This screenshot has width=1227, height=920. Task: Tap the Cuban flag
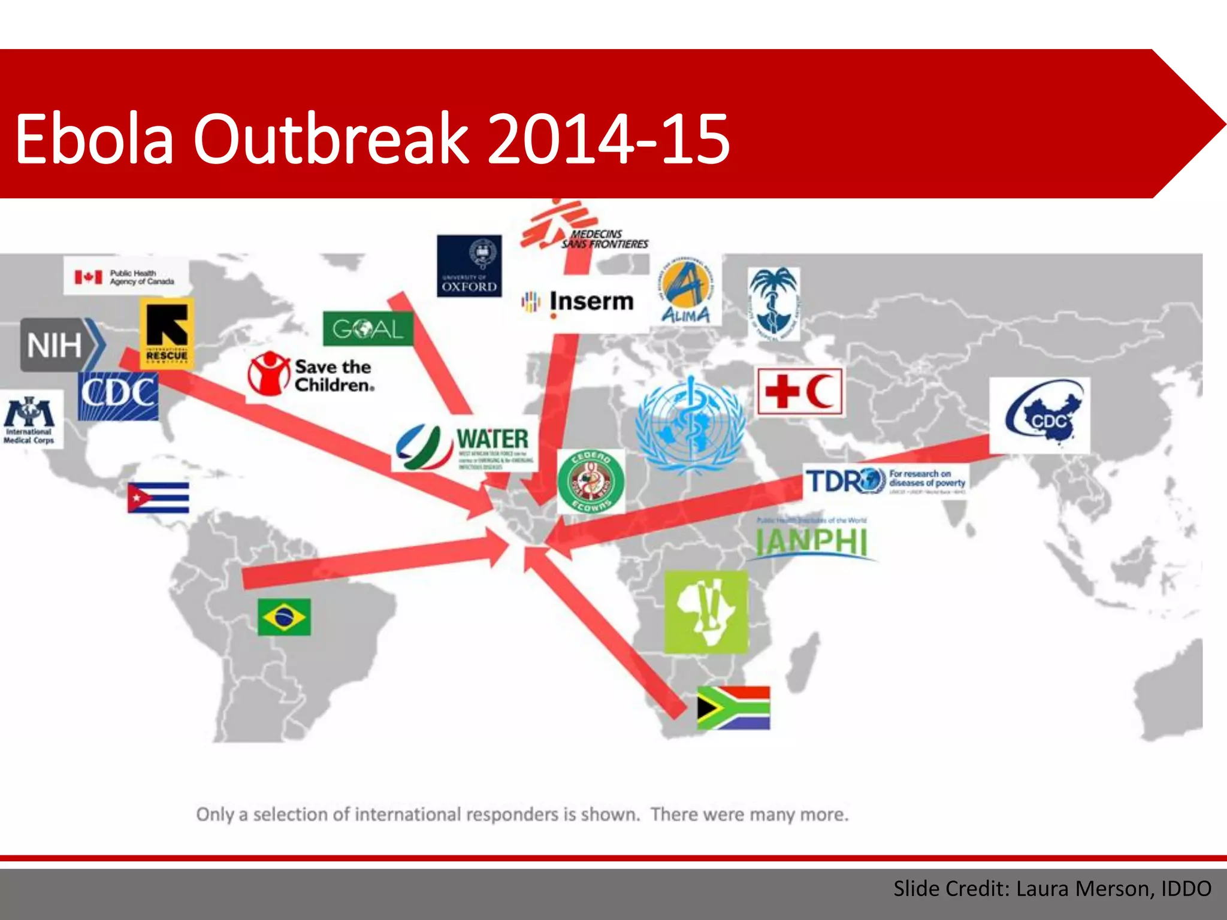(158, 498)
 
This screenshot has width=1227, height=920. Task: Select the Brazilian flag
(284, 616)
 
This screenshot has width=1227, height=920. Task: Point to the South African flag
(733, 708)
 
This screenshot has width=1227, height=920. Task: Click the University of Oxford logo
(469, 266)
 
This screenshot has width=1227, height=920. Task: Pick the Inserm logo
(579, 301)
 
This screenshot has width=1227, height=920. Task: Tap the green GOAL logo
(368, 328)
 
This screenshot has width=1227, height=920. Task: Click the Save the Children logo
(312, 374)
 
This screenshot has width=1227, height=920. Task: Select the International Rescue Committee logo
(167, 332)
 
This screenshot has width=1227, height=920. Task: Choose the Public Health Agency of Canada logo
(126, 277)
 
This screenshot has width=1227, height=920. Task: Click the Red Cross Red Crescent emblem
(800, 392)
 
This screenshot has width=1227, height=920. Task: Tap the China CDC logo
(1039, 416)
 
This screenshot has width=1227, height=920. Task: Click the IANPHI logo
(812, 539)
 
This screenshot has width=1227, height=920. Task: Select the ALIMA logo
(685, 292)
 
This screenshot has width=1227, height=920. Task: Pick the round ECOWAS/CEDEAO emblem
(591, 482)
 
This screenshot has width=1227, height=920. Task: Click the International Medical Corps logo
(30, 419)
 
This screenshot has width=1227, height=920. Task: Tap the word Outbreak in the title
(330, 139)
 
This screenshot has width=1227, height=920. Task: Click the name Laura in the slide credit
(1044, 888)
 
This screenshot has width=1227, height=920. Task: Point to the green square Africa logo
(706, 612)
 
